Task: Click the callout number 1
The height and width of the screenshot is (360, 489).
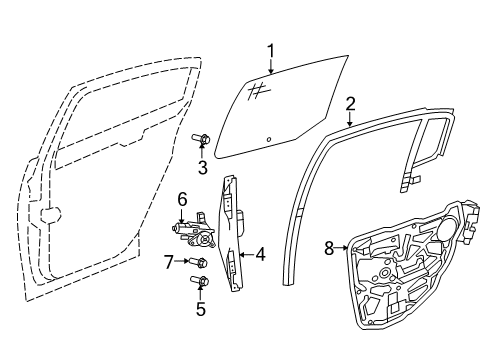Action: coord(270,50)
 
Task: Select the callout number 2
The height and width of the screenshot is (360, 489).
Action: coord(350,103)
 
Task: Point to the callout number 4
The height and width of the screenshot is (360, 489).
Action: coord(260,254)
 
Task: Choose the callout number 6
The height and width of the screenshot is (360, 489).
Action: coord(183,201)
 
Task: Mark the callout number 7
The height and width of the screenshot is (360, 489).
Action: coord(169,262)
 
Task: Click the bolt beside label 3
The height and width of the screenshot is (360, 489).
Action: coord(202,140)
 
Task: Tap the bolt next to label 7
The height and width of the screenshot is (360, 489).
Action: coord(199,262)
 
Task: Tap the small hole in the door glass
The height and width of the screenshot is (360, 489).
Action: coord(269,137)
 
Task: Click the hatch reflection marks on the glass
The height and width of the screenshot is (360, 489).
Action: coord(256,91)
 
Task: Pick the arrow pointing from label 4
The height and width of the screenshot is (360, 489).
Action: coord(246,254)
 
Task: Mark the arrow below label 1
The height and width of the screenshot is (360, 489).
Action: coord(270,68)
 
